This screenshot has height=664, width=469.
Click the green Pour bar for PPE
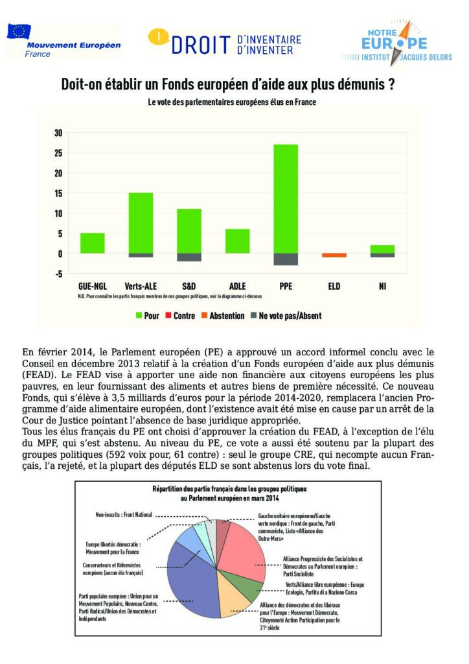point(286,198)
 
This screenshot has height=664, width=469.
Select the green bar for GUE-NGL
point(93,243)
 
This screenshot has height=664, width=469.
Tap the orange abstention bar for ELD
point(334,255)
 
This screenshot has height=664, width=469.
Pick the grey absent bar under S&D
point(189,257)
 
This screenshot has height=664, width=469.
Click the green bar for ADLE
point(238,241)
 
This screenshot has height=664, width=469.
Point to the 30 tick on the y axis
point(58,134)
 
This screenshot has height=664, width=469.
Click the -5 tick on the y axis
point(58,274)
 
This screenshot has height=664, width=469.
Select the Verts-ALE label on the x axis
point(141,286)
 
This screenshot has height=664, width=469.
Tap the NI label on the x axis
point(383,286)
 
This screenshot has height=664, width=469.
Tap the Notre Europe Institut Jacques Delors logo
point(394,41)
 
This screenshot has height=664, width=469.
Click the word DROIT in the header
point(201,44)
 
